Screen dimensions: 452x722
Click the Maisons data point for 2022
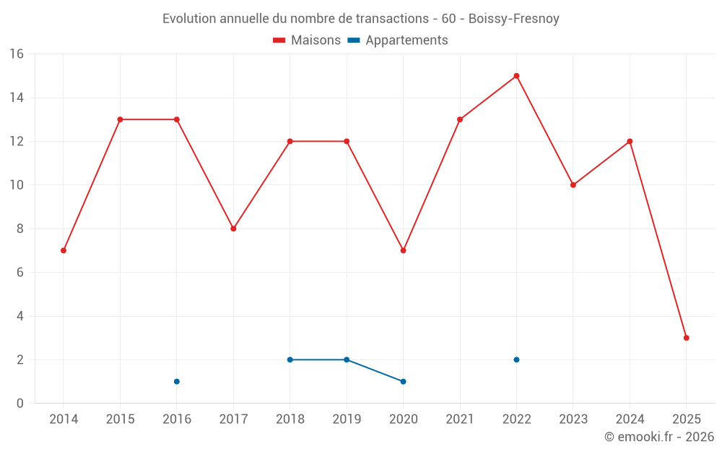[516, 76]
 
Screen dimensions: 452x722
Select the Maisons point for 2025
[687, 338]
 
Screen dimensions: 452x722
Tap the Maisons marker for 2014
[64, 250]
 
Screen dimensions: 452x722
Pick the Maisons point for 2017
[233, 229]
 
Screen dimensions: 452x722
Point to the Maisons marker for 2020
[403, 250]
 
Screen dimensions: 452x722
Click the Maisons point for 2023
[573, 185]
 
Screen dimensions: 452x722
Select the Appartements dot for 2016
[177, 381]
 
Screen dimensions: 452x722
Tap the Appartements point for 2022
[516, 359]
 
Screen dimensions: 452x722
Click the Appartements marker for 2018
[290, 359]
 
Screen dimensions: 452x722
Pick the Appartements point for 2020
[403, 381]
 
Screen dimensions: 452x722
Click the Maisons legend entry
[307, 40]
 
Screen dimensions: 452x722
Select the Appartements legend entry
[398, 40]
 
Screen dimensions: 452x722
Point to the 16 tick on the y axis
[17, 54]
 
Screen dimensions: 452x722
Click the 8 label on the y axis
[20, 229]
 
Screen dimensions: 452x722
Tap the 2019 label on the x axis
[347, 419]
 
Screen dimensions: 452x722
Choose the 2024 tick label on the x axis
[630, 419]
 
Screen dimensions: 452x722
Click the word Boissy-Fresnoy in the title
[513, 18]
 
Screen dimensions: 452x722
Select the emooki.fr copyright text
[659, 437]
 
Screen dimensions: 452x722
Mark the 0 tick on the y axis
[20, 403]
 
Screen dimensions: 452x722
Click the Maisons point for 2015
[120, 119]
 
